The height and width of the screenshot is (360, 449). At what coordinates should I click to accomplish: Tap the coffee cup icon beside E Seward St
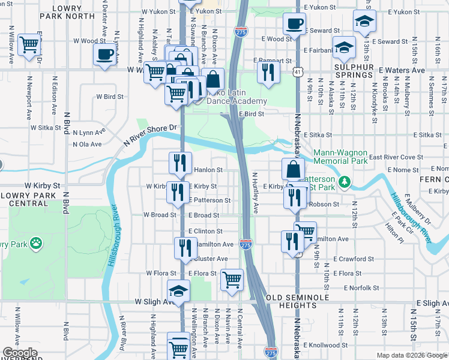point(294,25)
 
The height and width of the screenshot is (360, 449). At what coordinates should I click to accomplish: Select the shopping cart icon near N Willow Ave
point(29,44)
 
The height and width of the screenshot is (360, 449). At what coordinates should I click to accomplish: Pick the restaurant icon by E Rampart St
point(267,71)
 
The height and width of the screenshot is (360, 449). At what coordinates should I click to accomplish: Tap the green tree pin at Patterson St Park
point(345,181)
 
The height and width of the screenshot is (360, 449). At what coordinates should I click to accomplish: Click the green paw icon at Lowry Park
point(37,244)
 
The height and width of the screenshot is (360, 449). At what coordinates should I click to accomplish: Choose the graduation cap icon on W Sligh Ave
point(178,291)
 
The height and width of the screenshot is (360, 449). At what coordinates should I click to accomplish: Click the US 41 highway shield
point(298,72)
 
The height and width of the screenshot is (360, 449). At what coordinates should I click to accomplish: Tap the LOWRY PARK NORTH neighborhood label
point(74,12)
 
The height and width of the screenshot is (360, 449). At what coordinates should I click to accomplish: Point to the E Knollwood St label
point(326,346)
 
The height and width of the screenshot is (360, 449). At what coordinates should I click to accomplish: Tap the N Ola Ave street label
point(87,145)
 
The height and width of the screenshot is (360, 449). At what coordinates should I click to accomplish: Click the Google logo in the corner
point(20,353)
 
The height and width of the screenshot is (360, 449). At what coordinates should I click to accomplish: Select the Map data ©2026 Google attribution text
point(411,355)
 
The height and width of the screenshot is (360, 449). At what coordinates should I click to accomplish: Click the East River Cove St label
point(396,157)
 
